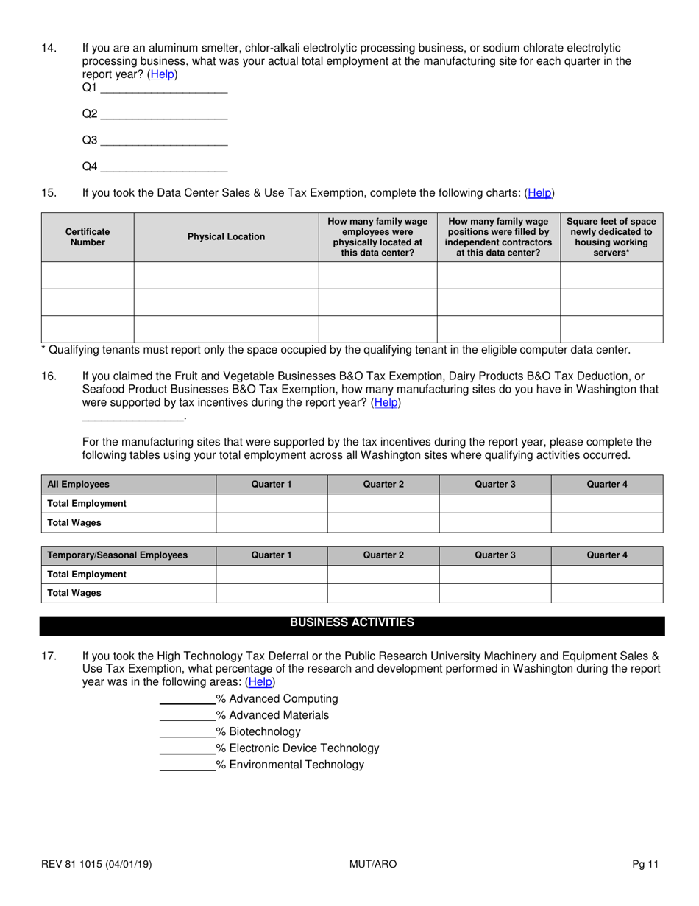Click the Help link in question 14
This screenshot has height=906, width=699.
click(163, 74)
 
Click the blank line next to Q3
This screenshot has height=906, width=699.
click(163, 140)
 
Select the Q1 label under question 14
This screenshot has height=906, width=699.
click(89, 88)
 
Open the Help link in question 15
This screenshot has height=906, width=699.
click(539, 193)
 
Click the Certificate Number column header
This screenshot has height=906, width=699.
click(88, 236)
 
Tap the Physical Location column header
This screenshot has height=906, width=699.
click(226, 236)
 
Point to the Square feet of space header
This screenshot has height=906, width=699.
click(611, 236)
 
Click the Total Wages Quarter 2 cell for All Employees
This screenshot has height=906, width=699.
click(383, 523)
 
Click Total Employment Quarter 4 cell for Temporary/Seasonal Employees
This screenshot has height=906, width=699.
click(606, 575)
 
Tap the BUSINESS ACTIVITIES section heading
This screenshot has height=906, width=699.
click(352, 623)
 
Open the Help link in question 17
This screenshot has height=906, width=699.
click(260, 682)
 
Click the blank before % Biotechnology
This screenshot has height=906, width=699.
click(187, 731)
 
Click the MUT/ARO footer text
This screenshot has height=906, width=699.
click(373, 865)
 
